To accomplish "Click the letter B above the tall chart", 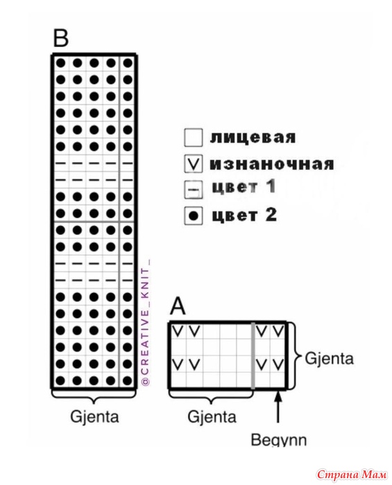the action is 60,38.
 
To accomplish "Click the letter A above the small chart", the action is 178,306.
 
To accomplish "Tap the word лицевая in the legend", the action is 253,137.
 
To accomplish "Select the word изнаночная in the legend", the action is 272,164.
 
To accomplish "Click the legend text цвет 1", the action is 244,187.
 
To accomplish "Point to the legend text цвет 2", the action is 244,215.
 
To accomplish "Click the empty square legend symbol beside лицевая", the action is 194,138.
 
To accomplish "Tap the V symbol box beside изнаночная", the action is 194,164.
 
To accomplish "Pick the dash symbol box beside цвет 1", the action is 194,189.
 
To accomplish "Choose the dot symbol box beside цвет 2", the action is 194,215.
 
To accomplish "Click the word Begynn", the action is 279,439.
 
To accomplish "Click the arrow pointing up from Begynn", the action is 278,407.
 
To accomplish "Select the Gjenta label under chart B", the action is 94,416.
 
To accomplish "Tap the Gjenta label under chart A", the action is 212,416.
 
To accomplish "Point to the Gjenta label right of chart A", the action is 329,358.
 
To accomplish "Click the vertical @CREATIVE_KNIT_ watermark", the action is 145,322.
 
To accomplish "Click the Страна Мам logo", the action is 352,474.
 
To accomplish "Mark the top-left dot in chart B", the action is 60,63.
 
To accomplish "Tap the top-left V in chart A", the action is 178,331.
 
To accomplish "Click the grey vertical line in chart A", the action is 253,355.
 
